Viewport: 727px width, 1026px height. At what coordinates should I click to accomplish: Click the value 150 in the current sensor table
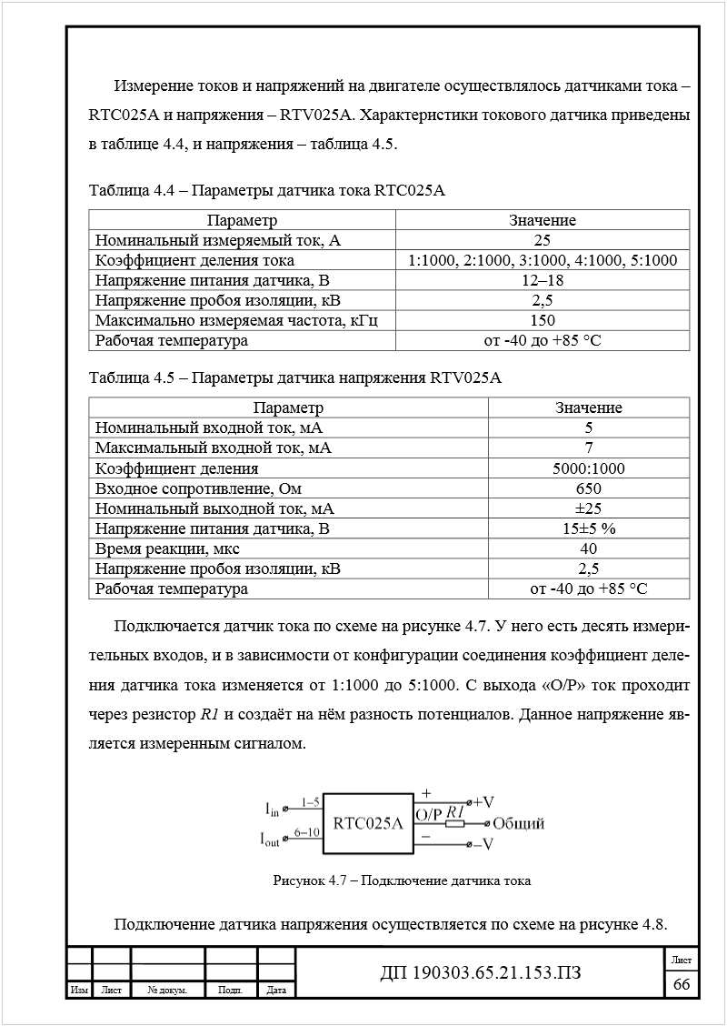click(543, 320)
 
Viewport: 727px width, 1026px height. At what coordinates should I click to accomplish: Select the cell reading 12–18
click(543, 280)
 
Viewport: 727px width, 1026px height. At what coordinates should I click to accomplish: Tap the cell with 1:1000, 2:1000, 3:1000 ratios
click(543, 260)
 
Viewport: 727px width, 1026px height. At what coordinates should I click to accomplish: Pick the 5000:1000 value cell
click(588, 468)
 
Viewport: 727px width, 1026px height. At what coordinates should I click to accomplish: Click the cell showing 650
click(588, 488)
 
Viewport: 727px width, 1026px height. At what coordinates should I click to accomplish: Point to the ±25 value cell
click(588, 508)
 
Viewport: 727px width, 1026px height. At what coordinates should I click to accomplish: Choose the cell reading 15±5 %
click(588, 528)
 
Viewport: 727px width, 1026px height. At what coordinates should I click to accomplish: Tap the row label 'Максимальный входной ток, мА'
click(213, 448)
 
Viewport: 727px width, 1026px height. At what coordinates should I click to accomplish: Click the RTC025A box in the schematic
click(368, 824)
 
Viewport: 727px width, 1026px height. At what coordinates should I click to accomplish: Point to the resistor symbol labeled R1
click(455, 824)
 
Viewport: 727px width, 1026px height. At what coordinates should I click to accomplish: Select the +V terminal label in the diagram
click(483, 802)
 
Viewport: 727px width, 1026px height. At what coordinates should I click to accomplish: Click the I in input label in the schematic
click(273, 808)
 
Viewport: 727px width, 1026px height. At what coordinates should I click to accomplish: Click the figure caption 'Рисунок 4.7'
click(402, 880)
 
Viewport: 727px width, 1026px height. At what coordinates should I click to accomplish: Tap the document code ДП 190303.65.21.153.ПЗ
click(480, 974)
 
